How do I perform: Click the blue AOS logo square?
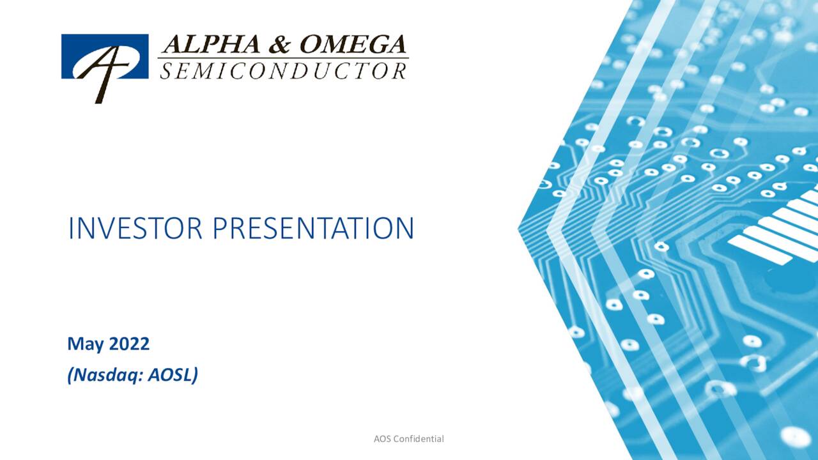105,57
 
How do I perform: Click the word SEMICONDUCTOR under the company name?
282,71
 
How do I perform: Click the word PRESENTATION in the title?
313,229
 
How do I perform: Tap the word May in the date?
86,344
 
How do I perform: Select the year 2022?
129,344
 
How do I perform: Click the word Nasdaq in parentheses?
107,375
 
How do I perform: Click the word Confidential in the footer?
419,439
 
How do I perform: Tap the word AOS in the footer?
382,439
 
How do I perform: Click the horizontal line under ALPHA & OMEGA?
282,59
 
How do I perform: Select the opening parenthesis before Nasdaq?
70,375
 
